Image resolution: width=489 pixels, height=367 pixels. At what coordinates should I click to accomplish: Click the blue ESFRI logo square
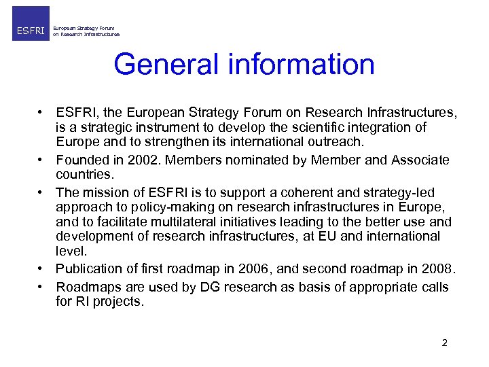[x=31, y=24]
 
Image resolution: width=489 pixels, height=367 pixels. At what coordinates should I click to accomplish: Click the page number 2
[x=444, y=343]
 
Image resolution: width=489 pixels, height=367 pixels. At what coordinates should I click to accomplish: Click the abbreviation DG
[x=207, y=287]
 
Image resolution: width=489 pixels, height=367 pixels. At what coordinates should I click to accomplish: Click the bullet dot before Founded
[x=41, y=160]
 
